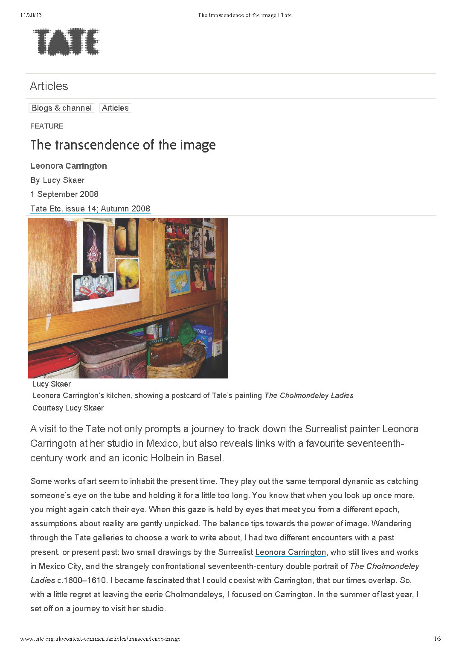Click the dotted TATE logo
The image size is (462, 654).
coord(67,42)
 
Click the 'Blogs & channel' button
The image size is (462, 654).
coord(62,108)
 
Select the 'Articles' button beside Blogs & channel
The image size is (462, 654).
coord(115,108)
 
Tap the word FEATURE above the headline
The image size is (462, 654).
coord(47,126)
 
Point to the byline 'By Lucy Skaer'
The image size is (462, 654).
coord(58,180)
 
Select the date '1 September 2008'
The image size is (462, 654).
coord(64,194)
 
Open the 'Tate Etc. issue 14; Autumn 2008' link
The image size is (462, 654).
coord(90,208)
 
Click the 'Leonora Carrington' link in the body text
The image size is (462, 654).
coord(291,552)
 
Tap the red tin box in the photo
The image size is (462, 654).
coord(53,361)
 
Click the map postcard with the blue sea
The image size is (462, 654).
coord(180,282)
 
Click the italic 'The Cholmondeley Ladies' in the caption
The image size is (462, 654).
coord(309,396)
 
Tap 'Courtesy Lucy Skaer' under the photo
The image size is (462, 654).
coord(68,408)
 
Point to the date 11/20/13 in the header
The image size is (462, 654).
coord(31,15)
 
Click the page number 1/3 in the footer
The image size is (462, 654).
coord(437,639)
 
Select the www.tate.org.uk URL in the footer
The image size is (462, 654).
coord(100,639)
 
